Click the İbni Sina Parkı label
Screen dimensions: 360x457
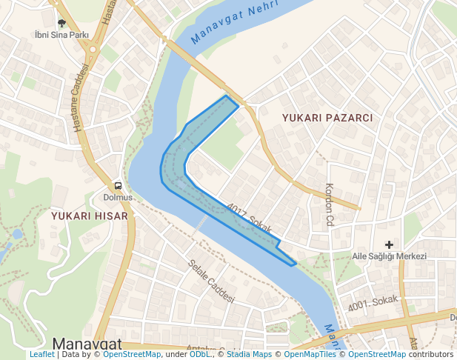(61, 35)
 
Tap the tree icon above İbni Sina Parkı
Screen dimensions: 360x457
(61, 24)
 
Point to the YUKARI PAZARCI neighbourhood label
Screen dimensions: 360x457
(327, 118)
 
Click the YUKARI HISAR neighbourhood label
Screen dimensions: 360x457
(90, 216)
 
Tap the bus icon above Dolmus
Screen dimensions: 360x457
(118, 186)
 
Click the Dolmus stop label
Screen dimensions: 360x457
(118, 197)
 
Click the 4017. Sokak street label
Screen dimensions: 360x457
(250, 218)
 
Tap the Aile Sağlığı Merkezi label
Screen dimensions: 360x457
(390, 256)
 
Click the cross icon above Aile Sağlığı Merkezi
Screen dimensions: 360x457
(389, 244)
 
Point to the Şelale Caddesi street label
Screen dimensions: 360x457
(210, 281)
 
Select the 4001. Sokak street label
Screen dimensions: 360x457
(372, 304)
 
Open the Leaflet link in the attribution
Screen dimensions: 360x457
(42, 355)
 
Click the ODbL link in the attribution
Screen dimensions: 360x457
(200, 355)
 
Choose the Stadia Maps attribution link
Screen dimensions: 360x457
(249, 355)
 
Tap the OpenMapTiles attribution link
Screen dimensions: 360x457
(310, 355)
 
